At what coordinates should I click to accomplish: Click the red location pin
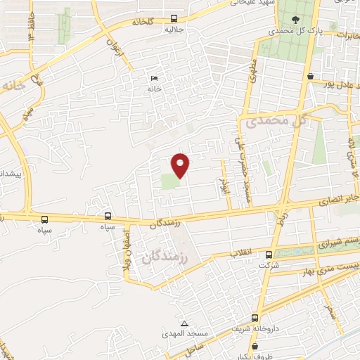coord(181,165)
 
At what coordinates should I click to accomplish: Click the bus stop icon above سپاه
coord(108,217)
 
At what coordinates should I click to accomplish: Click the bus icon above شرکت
coord(269,255)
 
